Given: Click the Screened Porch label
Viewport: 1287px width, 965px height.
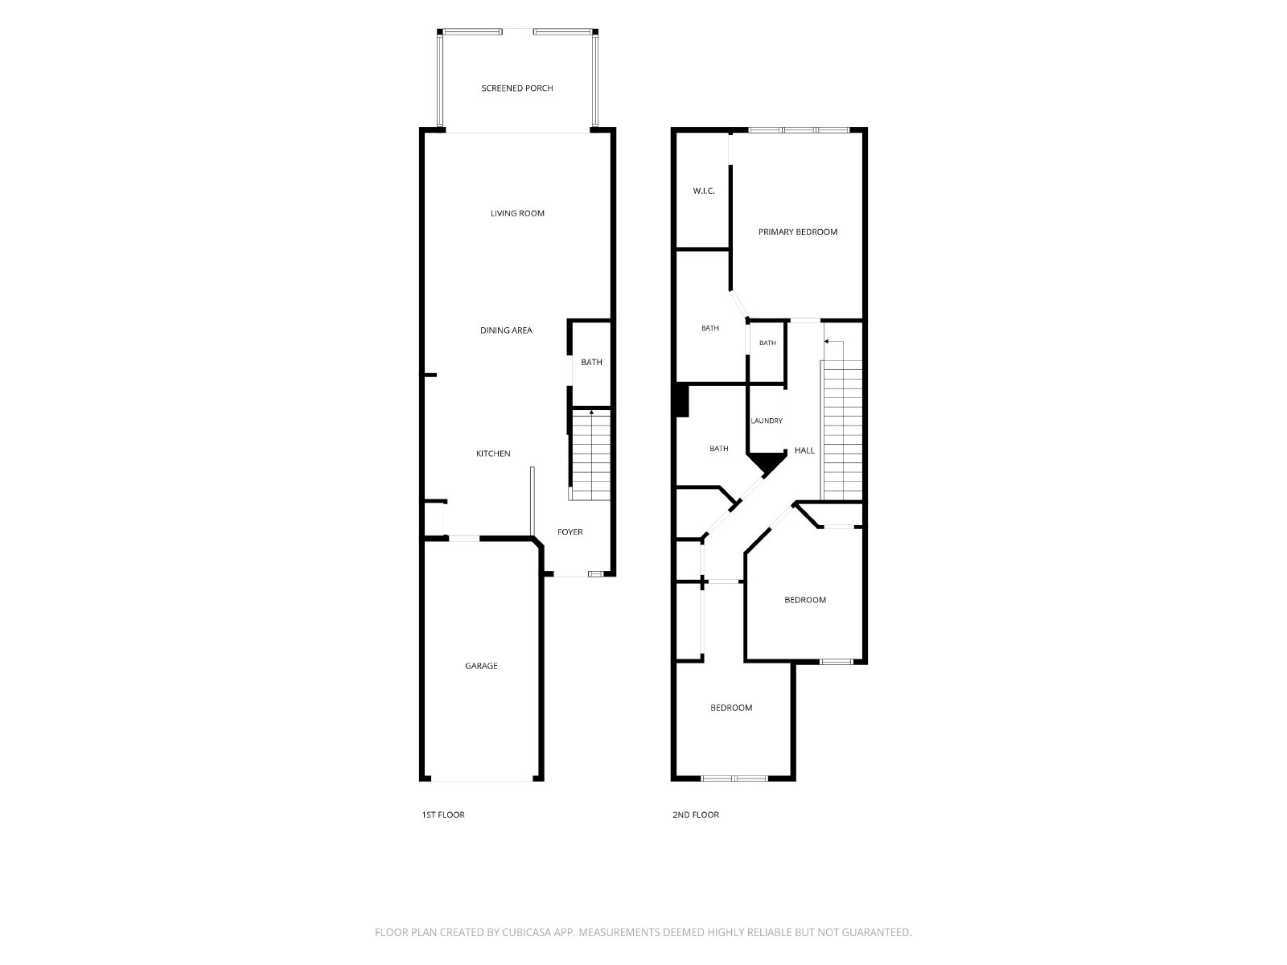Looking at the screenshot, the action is point(516,88).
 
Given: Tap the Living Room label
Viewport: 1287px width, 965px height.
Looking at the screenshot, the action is point(517,213).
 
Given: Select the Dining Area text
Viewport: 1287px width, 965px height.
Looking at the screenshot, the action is point(506,331).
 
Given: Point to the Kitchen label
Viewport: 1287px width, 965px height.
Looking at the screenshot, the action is point(493,454).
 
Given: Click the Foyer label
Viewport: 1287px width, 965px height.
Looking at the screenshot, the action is point(570,532).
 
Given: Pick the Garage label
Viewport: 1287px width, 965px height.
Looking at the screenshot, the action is point(481,666).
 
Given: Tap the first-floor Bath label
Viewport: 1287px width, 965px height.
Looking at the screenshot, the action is point(591,362).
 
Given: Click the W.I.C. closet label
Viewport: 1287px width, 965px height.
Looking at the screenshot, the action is point(704,191).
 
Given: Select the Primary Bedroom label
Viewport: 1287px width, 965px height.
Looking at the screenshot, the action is point(797,232).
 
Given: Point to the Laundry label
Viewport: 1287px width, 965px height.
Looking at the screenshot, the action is point(767,421).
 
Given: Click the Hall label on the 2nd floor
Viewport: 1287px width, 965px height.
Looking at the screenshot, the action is point(804,450).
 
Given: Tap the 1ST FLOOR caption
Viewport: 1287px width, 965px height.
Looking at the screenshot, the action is point(442,815).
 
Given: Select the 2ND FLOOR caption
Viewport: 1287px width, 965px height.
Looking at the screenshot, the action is point(696,815).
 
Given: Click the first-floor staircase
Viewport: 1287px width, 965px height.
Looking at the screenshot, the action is point(590,454).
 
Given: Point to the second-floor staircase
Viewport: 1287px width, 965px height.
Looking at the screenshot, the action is point(842,430).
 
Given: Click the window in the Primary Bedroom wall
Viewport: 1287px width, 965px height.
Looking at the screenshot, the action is point(799,130).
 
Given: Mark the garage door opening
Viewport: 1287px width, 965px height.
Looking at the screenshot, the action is point(482,780).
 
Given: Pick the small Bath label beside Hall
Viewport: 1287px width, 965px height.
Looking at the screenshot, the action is point(767,343).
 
